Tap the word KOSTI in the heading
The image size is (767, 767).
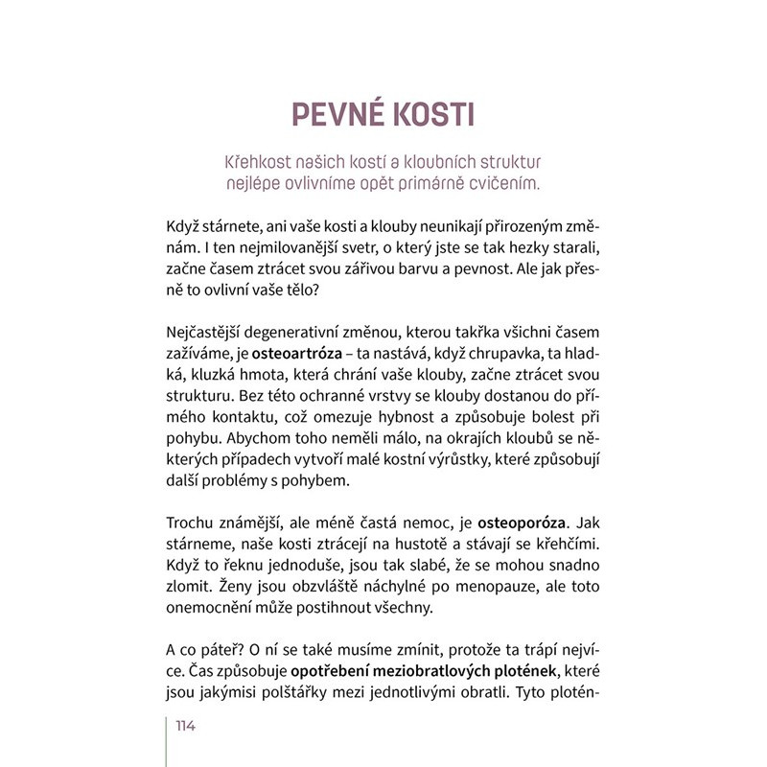pos(430,113)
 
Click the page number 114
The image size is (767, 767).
pos(185,726)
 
